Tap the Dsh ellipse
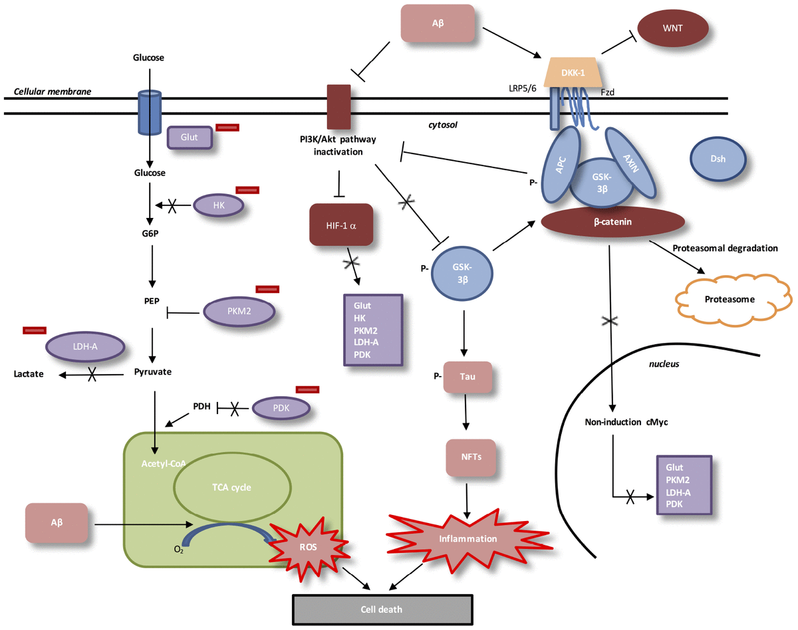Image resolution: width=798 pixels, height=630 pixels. click(x=718, y=159)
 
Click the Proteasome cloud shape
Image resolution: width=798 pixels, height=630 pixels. click(x=730, y=299)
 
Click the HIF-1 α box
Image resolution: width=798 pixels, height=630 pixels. click(x=341, y=225)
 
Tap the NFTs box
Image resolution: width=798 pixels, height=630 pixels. click(x=471, y=457)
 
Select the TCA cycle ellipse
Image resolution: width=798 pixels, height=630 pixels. click(x=231, y=487)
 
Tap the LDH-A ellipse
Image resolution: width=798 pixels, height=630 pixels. click(x=84, y=346)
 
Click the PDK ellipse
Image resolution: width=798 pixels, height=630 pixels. click(x=281, y=407)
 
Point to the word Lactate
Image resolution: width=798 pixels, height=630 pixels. click(x=29, y=374)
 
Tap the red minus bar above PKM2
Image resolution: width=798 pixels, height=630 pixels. click(x=267, y=289)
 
